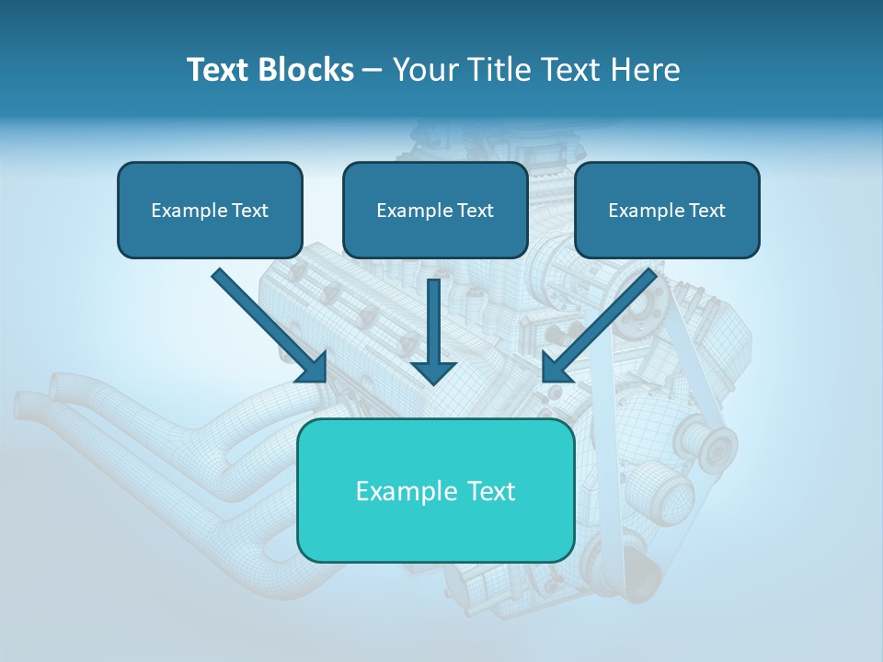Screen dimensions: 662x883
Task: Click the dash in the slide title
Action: coord(373,71)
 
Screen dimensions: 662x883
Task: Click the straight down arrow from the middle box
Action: coord(433,322)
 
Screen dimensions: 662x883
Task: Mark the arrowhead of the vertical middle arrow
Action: coord(433,372)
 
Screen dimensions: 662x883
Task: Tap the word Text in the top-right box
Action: coord(706,211)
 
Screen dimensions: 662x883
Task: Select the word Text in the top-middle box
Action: coord(475,211)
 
